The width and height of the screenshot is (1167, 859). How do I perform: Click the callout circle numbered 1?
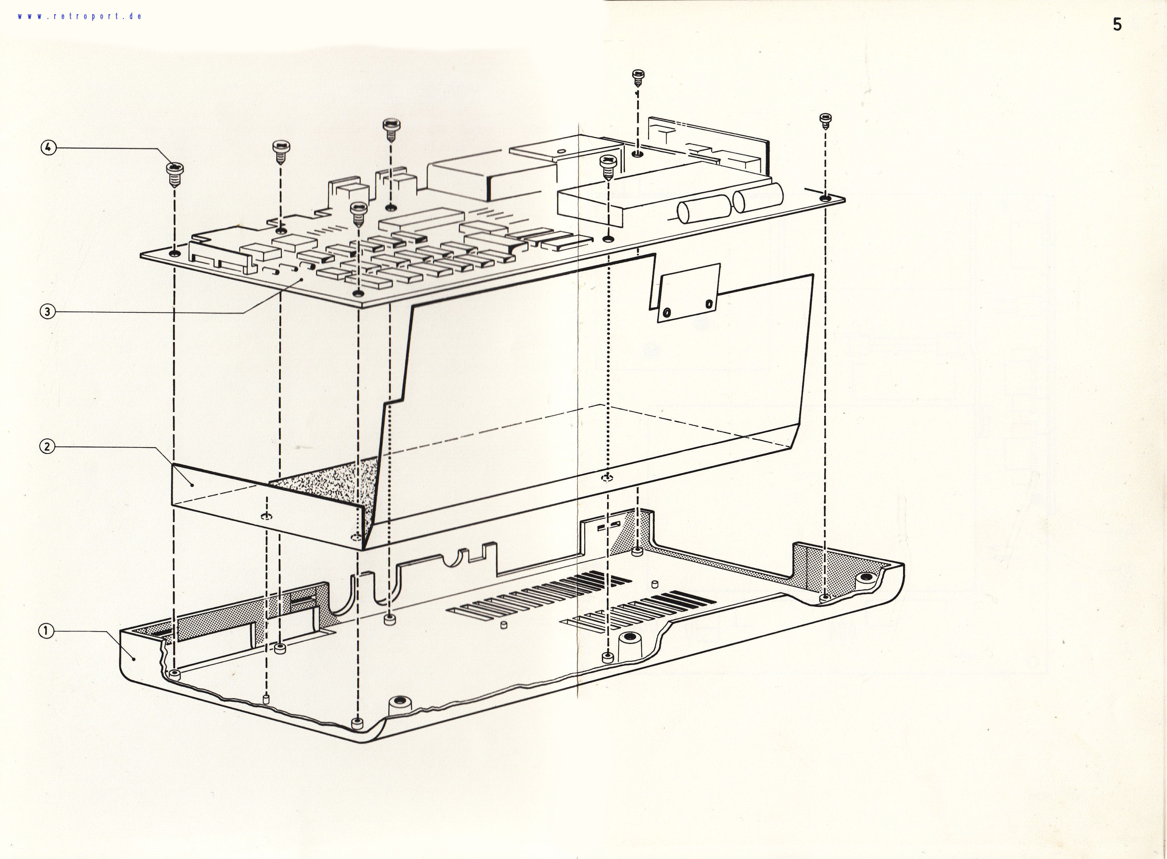pos(46,631)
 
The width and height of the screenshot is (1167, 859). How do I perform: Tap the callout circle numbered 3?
pos(47,312)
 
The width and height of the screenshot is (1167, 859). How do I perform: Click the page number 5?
pos(1117,24)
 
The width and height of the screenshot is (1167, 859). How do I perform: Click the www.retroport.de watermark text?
pos(79,16)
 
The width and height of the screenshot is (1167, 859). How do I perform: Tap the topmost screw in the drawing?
pos(638,78)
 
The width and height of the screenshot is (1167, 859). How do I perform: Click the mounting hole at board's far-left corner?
pos(175,253)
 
